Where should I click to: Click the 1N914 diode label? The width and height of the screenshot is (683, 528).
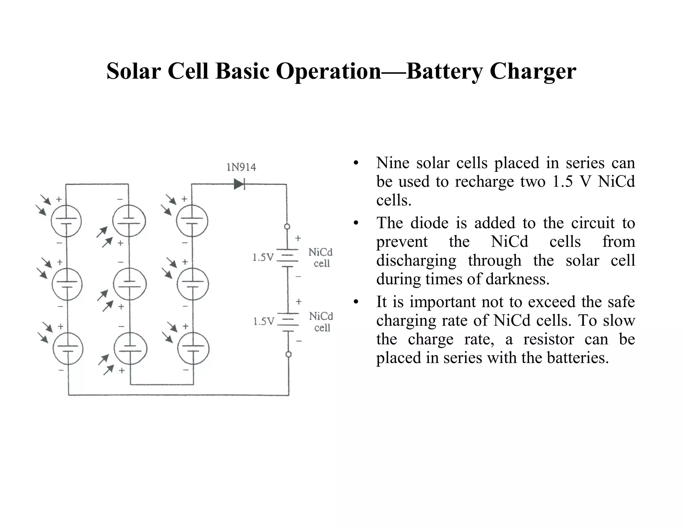(x=241, y=167)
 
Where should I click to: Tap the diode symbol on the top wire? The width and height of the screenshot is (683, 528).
(x=239, y=184)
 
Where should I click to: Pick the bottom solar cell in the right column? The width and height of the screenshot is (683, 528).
(x=193, y=348)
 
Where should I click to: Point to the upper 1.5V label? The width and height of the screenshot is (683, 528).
(x=263, y=258)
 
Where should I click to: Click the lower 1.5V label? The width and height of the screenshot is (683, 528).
(x=263, y=321)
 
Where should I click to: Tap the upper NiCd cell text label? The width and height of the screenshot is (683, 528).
(x=320, y=257)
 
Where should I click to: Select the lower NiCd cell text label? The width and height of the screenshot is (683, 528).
(x=321, y=322)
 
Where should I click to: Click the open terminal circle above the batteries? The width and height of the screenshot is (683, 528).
(x=287, y=227)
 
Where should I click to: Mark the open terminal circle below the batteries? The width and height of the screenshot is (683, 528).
(x=288, y=354)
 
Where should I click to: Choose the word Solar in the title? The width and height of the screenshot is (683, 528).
(x=133, y=71)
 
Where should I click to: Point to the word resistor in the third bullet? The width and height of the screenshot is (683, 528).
(x=548, y=339)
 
